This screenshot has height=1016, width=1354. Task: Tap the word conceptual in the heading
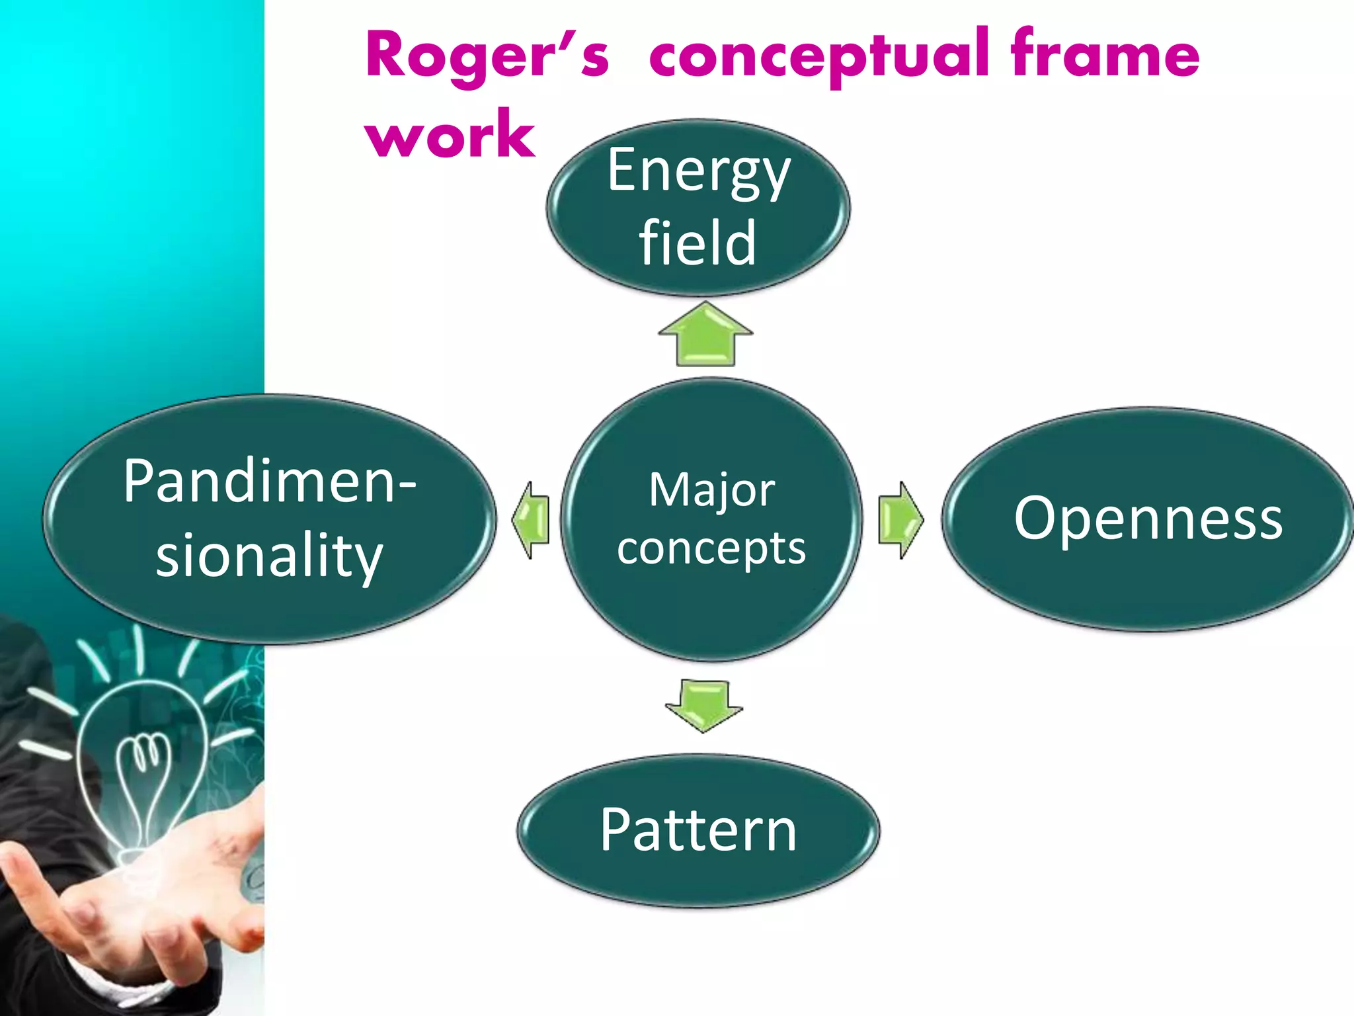click(820, 56)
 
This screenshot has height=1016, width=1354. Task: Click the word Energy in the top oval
click(698, 172)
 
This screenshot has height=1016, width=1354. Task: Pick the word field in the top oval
click(697, 243)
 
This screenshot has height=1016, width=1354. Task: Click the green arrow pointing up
click(705, 334)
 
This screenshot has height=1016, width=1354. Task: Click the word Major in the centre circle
click(711, 491)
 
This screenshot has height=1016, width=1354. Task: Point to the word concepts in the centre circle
click(711, 549)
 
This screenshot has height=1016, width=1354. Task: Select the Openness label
click(1148, 519)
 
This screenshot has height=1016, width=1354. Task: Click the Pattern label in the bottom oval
click(698, 831)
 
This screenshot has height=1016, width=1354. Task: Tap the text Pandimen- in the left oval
click(269, 482)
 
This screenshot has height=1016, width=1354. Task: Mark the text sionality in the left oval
click(269, 556)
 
